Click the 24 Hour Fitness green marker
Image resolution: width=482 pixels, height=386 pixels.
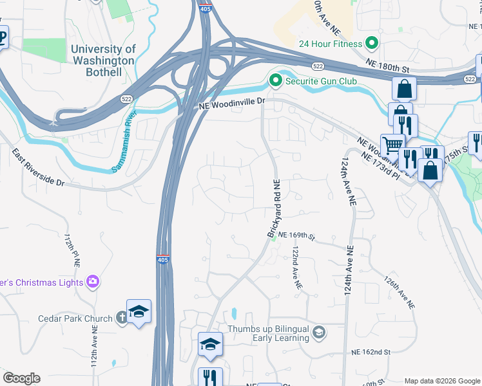[371, 44]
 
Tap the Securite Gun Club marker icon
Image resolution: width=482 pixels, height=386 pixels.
[275, 80]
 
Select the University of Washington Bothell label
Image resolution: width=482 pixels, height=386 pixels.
[103, 60]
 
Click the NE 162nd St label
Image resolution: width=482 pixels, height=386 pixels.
[372, 353]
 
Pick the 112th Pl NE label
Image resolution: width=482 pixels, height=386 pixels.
[71, 251]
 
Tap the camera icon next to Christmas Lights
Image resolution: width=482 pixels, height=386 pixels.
[93, 281]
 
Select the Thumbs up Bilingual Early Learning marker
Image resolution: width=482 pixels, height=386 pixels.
[318, 332]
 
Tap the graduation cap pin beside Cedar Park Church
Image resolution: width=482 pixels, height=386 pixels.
[139, 311]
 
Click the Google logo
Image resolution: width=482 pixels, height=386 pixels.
[21, 378]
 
